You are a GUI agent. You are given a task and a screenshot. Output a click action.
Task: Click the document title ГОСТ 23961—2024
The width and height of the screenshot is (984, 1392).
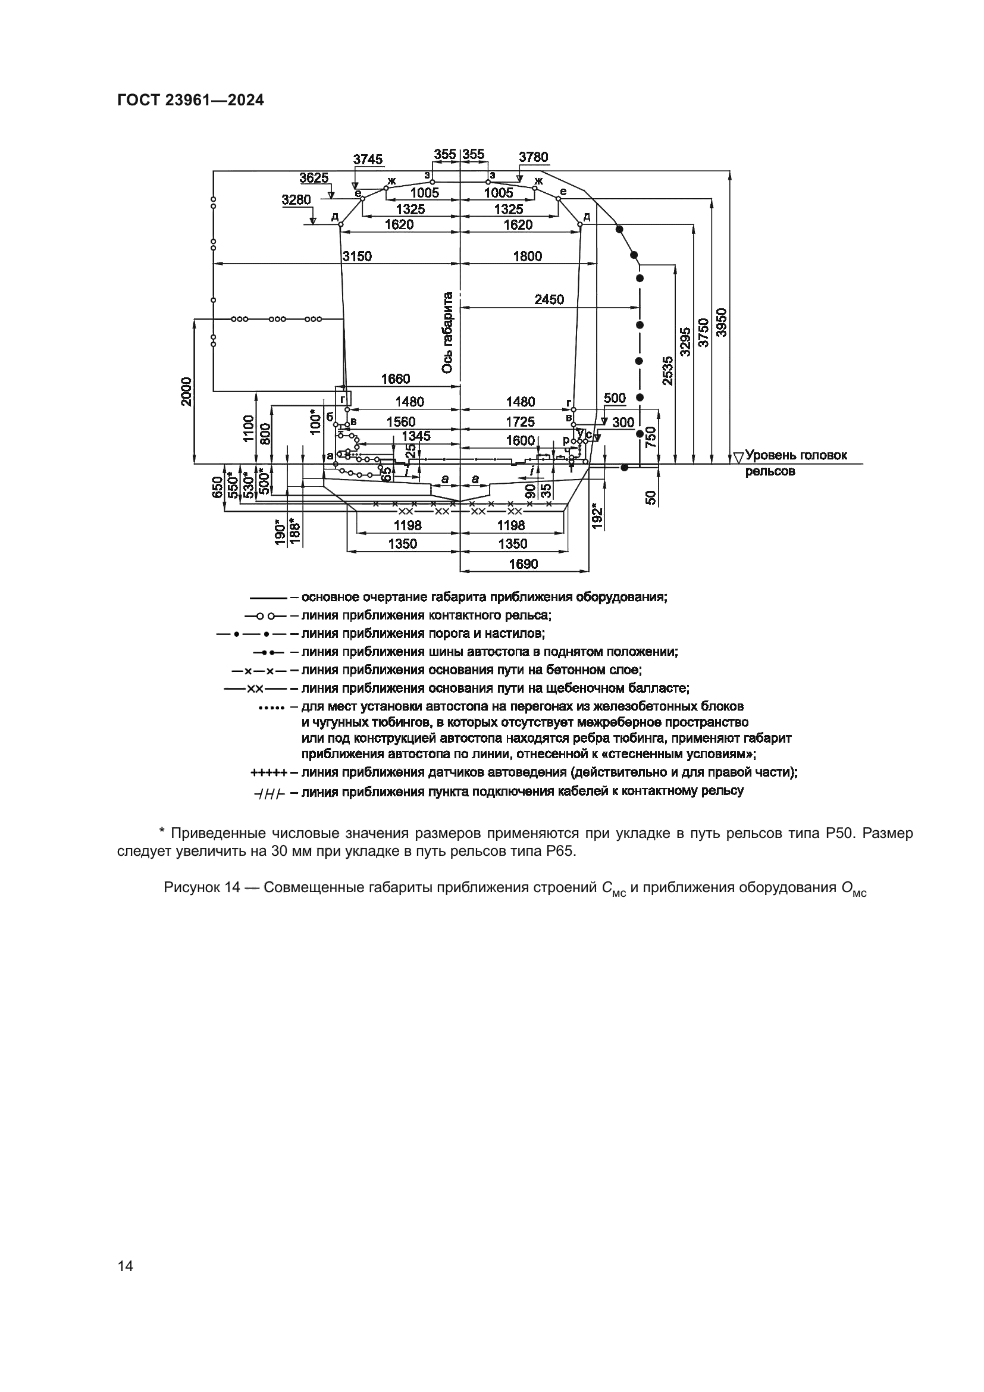pos(190,101)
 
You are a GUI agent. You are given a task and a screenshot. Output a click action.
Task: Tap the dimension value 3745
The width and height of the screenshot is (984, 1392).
pos(368,159)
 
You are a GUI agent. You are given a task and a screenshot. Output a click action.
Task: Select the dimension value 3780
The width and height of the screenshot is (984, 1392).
pos(533,158)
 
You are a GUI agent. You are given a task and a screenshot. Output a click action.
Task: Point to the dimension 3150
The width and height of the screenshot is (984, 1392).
pos(357,256)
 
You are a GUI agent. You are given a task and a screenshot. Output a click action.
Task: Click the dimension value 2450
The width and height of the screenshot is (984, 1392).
pos(549,299)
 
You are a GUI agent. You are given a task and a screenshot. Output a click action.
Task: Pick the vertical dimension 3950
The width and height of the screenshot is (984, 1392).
pos(722,323)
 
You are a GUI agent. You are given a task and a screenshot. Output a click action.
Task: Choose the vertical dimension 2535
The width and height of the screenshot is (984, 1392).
pos(666,370)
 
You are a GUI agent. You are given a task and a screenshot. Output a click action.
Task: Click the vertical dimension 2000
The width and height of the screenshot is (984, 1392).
pos(187,392)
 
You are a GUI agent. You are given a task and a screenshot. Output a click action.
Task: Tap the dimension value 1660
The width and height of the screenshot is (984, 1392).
pos(395,379)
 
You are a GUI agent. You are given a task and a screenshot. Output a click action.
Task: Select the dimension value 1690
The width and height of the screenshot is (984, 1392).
pos(523,564)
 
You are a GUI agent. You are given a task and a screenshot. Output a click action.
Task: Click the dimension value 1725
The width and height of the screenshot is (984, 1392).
pos(521,422)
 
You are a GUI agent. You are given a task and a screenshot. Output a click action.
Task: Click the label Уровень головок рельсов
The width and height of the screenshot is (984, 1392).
pos(795,462)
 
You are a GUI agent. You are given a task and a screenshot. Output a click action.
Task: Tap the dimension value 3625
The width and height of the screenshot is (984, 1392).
pos(314,177)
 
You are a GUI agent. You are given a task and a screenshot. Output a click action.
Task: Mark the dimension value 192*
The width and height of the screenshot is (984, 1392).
pos(597,515)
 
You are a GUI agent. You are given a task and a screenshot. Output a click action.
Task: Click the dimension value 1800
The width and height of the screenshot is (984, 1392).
pos(527,256)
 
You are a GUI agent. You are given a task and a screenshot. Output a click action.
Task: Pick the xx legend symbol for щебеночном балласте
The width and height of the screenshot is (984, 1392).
pos(255,689)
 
